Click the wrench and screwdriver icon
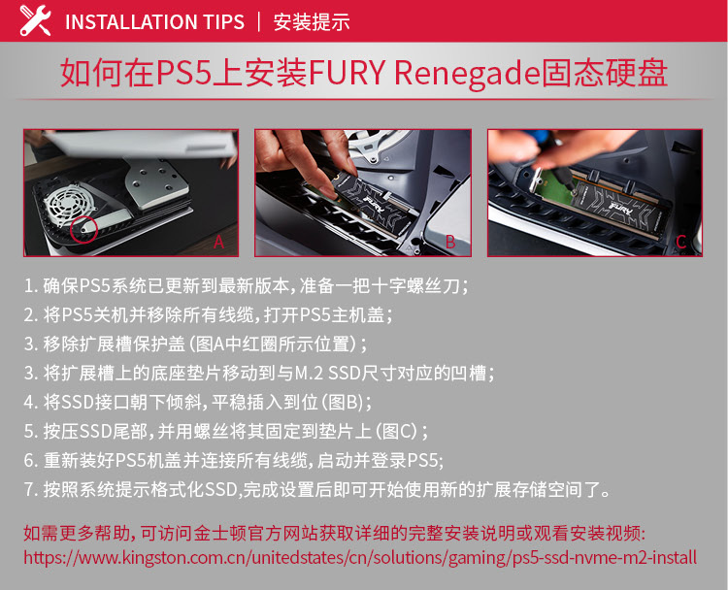coord(35,20)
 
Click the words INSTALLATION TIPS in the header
coord(154,22)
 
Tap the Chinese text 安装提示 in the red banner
coord(311,22)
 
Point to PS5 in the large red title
coord(183,74)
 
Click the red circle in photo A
coord(83,229)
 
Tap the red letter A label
coord(218,242)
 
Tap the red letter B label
coord(449,242)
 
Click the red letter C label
coord(681,242)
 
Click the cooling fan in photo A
coord(65,205)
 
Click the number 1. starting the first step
coord(31,286)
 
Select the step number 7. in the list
coord(31,490)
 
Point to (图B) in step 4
coord(343,403)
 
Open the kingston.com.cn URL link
coord(360,558)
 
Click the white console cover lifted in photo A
coord(139,144)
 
